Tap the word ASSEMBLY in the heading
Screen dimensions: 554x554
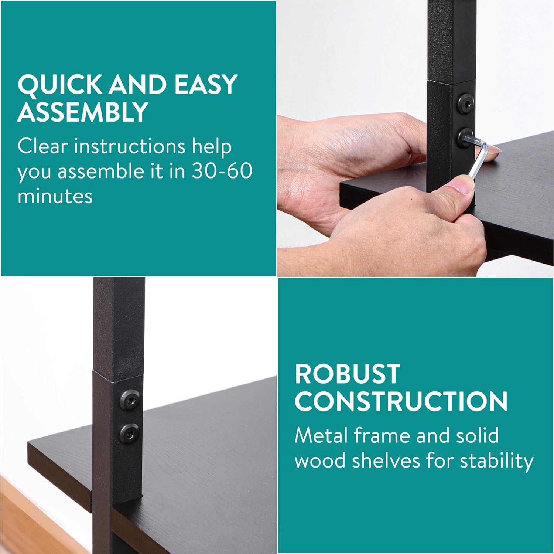(83, 112)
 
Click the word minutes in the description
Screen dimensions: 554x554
(55, 196)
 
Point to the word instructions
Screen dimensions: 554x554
(130, 146)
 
